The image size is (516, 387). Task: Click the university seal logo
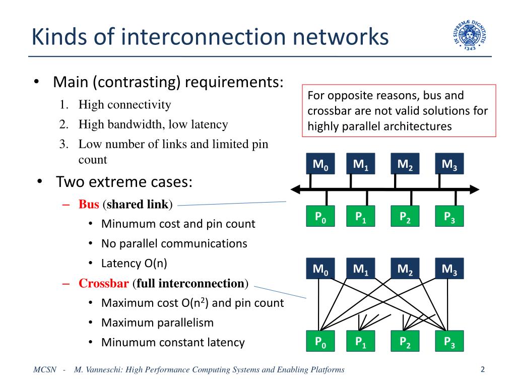tap(470, 35)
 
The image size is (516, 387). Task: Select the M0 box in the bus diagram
tap(320, 164)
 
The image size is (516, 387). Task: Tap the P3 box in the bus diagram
tap(449, 216)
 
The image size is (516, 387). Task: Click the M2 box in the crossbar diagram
tap(405, 269)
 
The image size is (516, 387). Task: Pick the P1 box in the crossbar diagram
tap(360, 341)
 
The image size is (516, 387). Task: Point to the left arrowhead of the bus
tap(295, 189)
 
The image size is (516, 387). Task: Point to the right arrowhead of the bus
tap(475, 189)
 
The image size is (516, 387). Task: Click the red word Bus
tap(89, 205)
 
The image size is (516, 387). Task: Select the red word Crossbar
tap(103, 283)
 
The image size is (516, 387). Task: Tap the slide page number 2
tap(482, 369)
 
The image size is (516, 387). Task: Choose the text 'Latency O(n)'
tap(134, 263)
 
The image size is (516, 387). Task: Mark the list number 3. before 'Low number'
tap(64, 144)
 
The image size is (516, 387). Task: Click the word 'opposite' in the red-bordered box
tap(351, 96)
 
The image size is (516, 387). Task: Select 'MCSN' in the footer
tap(45, 369)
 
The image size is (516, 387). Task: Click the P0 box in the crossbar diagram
tap(320, 341)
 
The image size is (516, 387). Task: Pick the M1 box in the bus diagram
tap(360, 164)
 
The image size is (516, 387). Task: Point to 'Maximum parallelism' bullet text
tap(157, 323)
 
